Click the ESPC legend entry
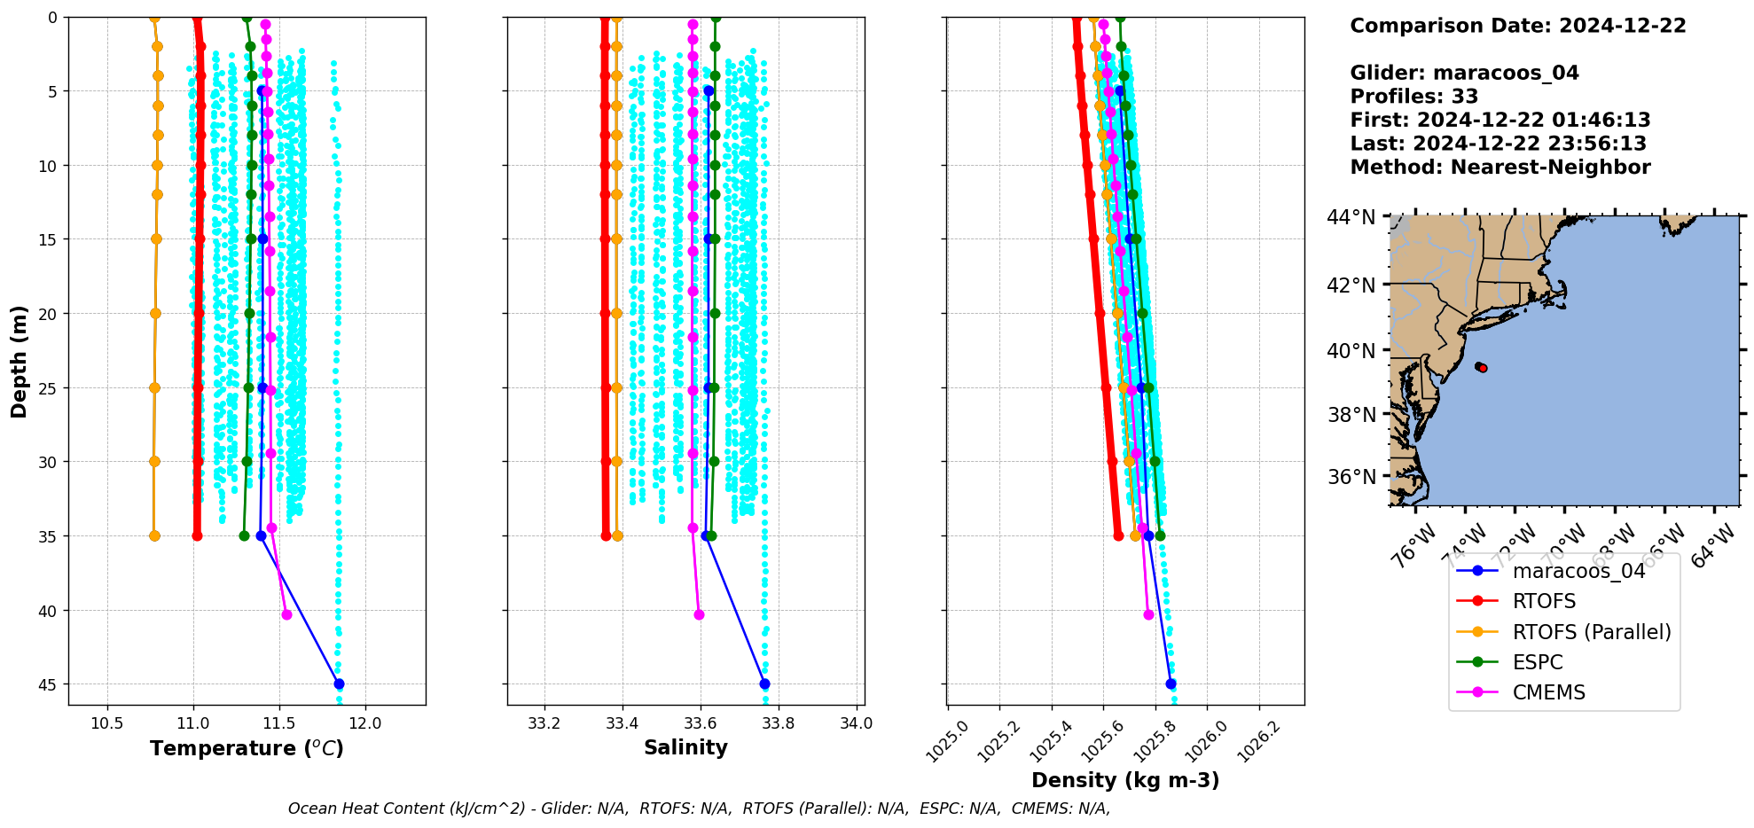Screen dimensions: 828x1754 pos(1538,662)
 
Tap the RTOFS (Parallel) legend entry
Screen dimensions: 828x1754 pos(1591,632)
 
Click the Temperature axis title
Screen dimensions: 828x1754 pos(247,748)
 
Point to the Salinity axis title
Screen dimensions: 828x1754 pos(685,747)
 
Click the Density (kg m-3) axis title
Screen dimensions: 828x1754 pos(1125,780)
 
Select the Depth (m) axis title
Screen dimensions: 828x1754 pos(19,362)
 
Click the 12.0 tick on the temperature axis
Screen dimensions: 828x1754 pos(365,723)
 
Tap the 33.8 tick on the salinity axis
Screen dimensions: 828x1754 pos(778,723)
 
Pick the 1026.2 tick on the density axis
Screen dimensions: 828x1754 pos(1261,741)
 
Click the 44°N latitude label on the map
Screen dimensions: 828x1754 pos(1351,217)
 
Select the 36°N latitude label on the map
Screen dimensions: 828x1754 pos(1351,477)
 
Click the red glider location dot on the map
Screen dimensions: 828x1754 pos(1483,368)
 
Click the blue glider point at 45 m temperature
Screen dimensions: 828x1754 pos(339,683)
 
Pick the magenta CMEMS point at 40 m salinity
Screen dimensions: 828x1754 pos(699,614)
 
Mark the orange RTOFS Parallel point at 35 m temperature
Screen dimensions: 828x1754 pos(154,535)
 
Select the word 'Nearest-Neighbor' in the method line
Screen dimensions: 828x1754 pos(1550,168)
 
